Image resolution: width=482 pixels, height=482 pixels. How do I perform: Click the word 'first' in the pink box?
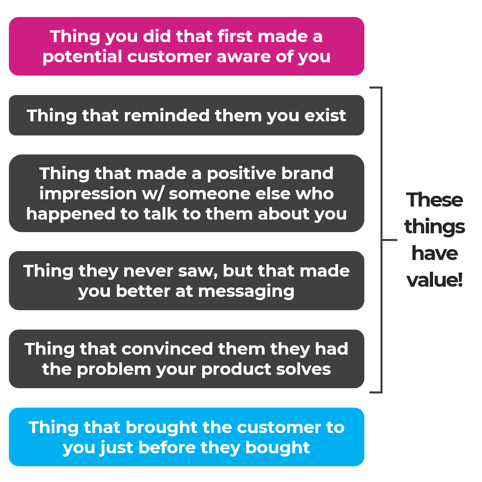(235, 36)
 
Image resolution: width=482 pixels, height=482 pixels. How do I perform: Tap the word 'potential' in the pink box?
(82, 57)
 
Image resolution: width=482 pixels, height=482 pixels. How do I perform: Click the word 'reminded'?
(167, 116)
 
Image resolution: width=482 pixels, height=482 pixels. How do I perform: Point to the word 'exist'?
(325, 116)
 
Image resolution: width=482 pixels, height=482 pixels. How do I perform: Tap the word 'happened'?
(70, 214)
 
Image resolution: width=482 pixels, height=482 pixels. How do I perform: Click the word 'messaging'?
(246, 292)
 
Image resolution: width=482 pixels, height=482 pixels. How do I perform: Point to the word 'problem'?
(114, 370)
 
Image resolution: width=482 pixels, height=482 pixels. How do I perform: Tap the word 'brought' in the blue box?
(161, 427)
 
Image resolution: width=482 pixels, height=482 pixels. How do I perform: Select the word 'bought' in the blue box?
(277, 448)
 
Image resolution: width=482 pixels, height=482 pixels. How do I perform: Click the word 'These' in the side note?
(434, 200)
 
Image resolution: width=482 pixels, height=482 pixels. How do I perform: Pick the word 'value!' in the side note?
(434, 280)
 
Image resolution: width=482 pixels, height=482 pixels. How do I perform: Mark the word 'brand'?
(307, 173)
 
